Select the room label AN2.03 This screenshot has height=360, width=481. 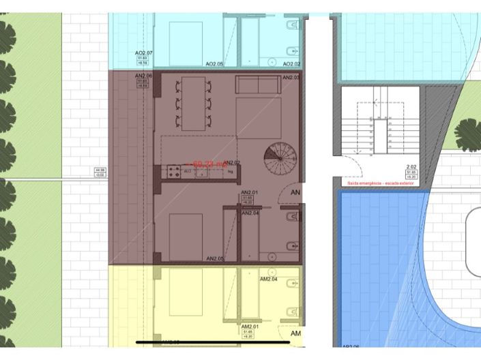point(291,78)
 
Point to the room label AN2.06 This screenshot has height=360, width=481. point(143,75)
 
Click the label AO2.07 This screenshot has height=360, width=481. point(143,52)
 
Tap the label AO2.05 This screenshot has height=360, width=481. point(215,64)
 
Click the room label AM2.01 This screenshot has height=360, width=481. point(248,327)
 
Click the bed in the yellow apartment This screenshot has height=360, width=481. point(184,298)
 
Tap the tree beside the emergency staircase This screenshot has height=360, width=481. point(467,132)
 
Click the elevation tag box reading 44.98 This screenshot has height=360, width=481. point(100,172)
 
